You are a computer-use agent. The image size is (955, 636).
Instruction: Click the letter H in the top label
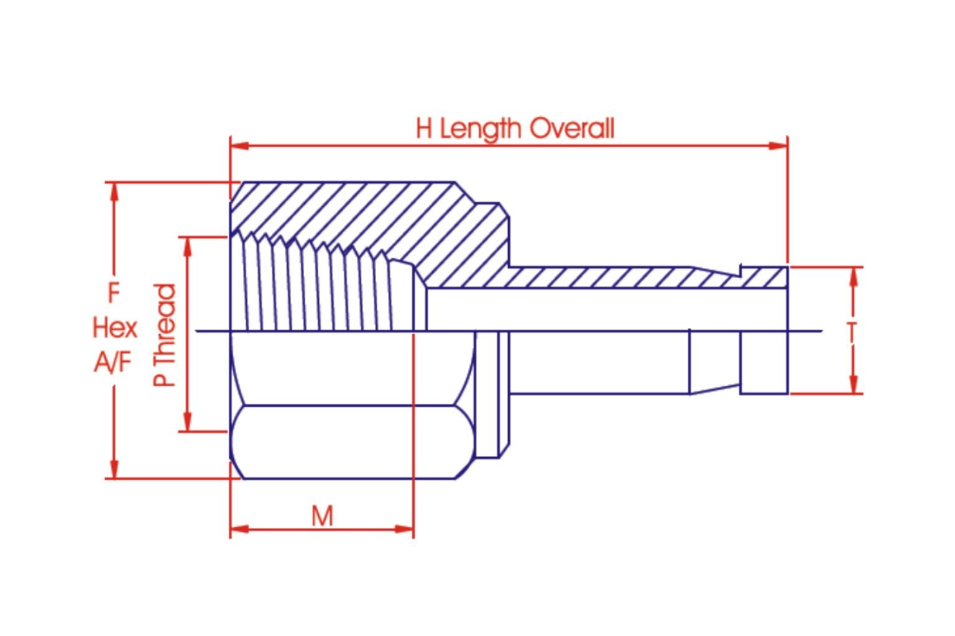[423, 129]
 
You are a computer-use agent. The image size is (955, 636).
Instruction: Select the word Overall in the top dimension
[572, 129]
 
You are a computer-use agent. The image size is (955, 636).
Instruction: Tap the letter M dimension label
[322, 516]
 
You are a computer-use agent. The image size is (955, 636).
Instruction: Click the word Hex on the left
[114, 327]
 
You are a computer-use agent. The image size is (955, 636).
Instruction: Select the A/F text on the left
[113, 361]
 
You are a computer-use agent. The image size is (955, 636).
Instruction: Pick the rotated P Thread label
[165, 335]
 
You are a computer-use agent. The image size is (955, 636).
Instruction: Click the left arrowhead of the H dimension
[239, 146]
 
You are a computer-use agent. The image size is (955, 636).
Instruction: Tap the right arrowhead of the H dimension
[778, 146]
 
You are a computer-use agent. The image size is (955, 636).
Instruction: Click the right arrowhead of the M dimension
[404, 529]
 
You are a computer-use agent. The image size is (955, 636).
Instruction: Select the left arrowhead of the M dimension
[239, 529]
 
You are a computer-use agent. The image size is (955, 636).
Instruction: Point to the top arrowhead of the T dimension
[854, 276]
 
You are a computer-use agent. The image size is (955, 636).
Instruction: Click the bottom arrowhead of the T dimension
[854, 384]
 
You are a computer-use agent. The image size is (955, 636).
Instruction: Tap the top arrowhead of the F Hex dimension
[114, 191]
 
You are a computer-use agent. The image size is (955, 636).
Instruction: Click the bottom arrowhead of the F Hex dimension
[114, 469]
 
